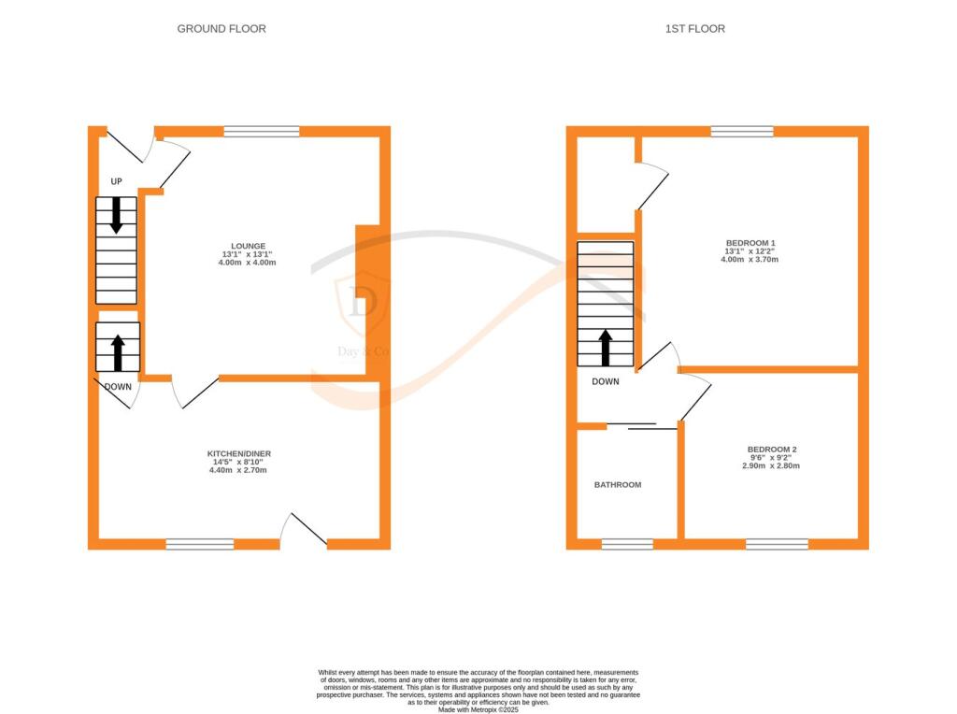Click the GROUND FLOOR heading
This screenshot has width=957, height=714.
click(x=221, y=29)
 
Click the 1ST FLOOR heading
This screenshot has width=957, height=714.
click(x=694, y=29)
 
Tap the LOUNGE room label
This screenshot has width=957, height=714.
click(x=243, y=246)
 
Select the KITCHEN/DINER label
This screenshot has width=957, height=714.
click(x=239, y=453)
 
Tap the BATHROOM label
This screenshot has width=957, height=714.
click(x=618, y=485)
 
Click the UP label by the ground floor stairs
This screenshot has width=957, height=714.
click(x=117, y=180)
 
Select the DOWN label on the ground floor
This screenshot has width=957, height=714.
click(x=118, y=387)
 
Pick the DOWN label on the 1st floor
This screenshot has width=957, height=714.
click(x=606, y=381)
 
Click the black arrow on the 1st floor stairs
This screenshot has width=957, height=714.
click(x=606, y=347)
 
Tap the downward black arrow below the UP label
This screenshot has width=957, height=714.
click(x=117, y=215)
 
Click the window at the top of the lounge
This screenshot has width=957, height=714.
click(x=261, y=132)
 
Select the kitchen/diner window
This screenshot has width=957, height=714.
click(x=200, y=544)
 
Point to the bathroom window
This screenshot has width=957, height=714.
click(x=627, y=544)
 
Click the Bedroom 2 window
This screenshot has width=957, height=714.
click(x=777, y=544)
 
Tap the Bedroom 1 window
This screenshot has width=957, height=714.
click(x=742, y=132)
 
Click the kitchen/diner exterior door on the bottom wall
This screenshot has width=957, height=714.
click(x=305, y=533)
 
